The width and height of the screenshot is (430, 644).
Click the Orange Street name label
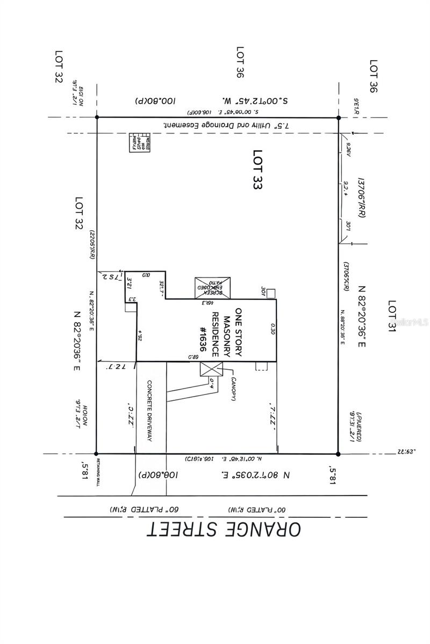point(224,529)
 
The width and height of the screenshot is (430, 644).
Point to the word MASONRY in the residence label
point(226,333)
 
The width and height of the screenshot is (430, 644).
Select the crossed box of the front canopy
point(211,369)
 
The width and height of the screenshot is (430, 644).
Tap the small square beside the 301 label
point(271,293)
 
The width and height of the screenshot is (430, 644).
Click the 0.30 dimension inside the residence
point(273,330)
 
